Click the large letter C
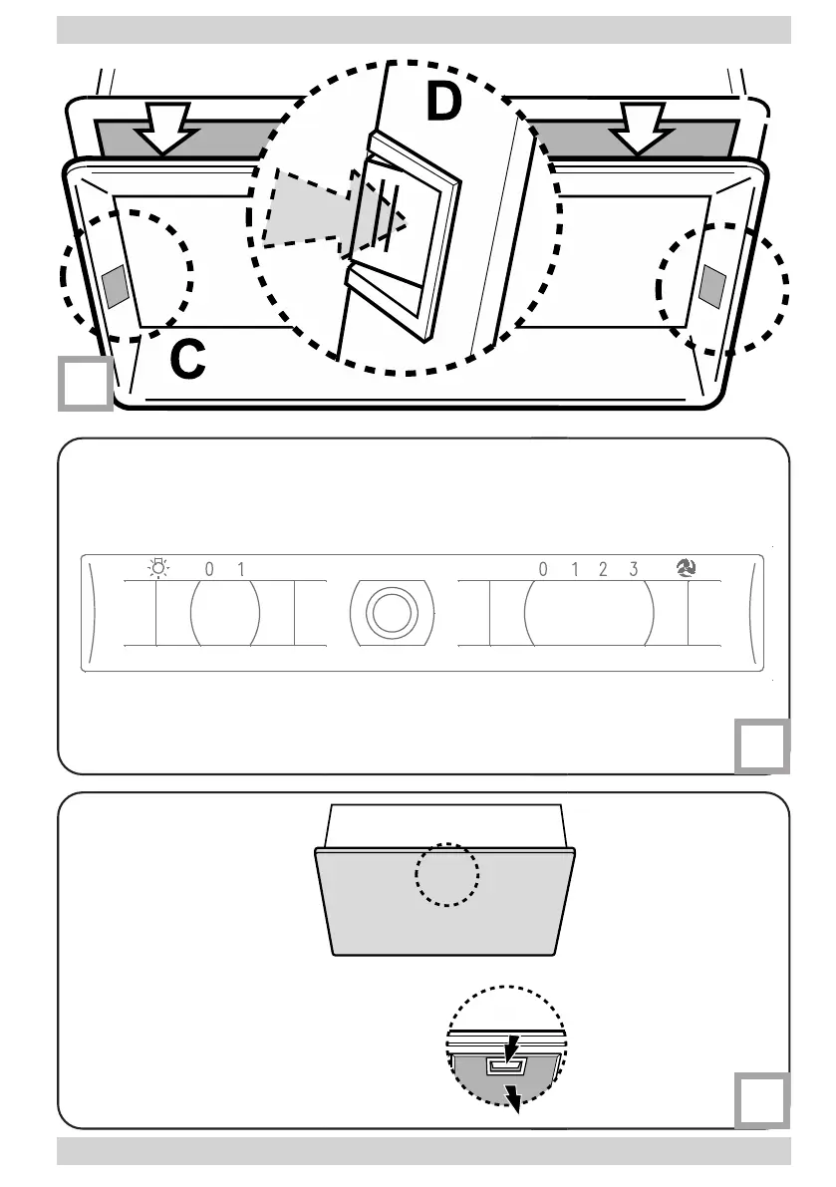click(187, 360)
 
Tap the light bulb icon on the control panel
click(157, 569)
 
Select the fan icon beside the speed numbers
click(687, 569)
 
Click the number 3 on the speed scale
click(634, 570)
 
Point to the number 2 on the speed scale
click(604, 570)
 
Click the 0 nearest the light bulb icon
click(210, 570)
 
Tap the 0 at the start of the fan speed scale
click(543, 570)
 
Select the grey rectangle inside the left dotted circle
click(115, 286)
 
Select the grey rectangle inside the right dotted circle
click(711, 286)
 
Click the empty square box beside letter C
click(83, 383)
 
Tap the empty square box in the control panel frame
click(762, 746)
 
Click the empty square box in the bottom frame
click(762, 1099)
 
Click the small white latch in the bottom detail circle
click(503, 1065)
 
